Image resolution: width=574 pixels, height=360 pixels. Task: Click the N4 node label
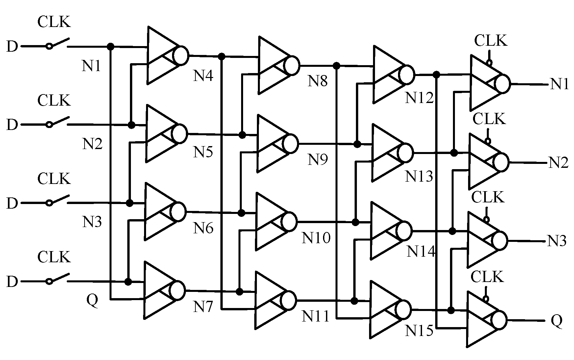[203, 76]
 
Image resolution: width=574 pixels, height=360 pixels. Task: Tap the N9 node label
[317, 160]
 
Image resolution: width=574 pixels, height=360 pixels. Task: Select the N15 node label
[419, 331]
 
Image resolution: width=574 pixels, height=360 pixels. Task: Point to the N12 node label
[419, 97]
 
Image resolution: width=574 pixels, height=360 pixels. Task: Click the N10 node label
[316, 238]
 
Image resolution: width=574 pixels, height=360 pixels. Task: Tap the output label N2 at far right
[558, 163]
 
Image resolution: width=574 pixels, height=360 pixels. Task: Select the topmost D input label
[12, 47]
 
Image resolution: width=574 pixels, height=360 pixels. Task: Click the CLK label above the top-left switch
[54, 22]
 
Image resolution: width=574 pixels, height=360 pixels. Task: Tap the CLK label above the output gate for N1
[490, 41]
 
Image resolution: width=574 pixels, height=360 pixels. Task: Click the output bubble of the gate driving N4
[181, 55]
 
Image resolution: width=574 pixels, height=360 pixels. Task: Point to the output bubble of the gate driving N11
[289, 300]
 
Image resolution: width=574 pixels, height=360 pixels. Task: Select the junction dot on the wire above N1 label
[111, 47]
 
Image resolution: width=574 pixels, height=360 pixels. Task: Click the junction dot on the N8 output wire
[336, 65]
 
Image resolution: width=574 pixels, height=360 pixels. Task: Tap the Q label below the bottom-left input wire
[92, 300]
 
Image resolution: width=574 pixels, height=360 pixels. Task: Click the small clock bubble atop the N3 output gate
[486, 219]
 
